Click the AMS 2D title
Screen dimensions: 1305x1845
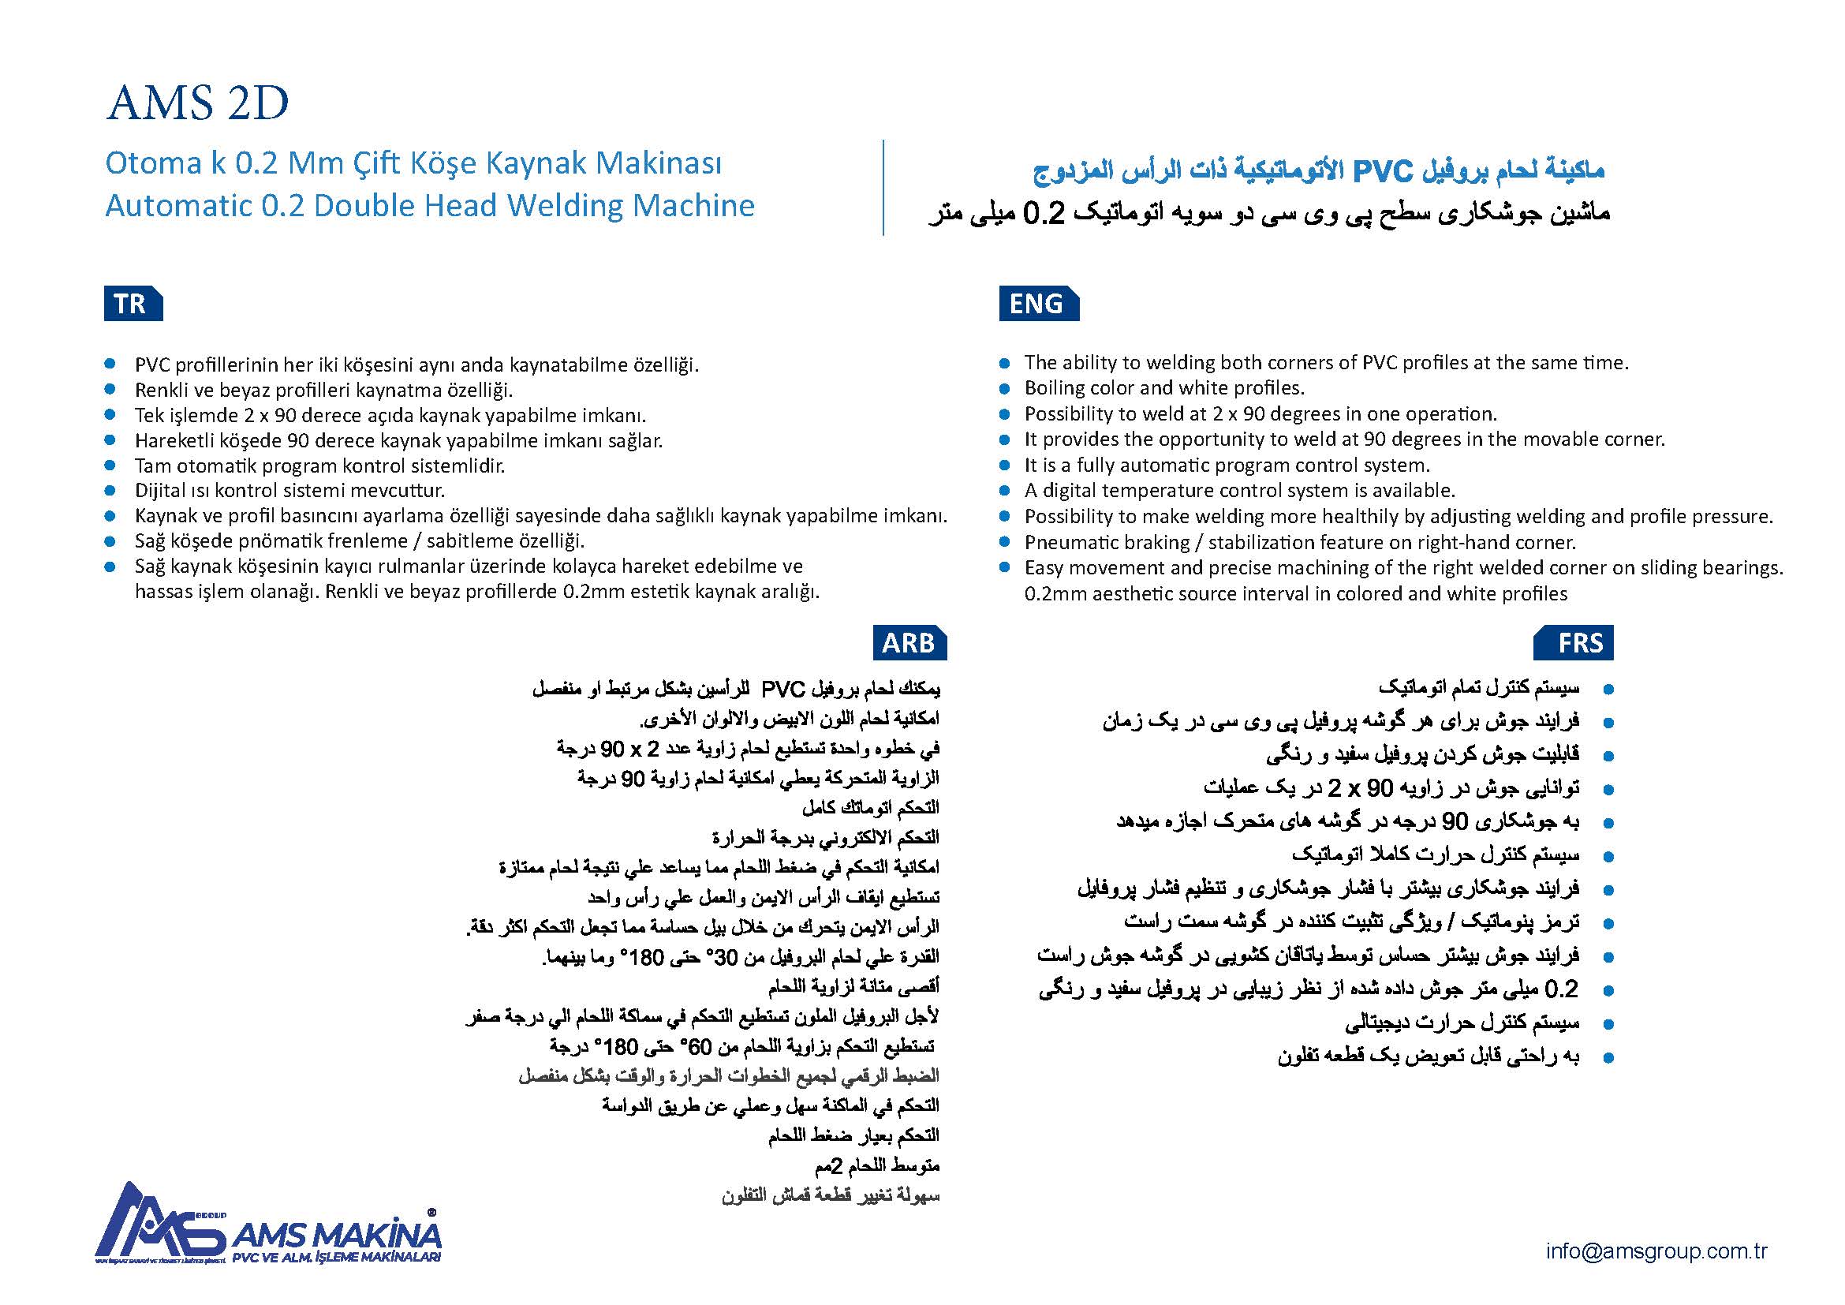click(197, 103)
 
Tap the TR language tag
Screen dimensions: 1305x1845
click(131, 304)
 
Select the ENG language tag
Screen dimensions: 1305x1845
click(1036, 304)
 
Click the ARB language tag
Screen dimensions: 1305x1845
click(909, 643)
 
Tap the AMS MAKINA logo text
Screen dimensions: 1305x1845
click(338, 1235)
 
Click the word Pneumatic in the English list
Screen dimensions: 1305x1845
click(1074, 542)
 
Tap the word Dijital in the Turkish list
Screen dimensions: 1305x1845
click(159, 490)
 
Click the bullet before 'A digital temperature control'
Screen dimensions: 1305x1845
click(1003, 491)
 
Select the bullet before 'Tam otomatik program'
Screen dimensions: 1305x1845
click(110, 466)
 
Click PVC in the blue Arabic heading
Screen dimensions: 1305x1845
click(1382, 171)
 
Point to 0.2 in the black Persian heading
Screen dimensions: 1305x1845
click(1043, 214)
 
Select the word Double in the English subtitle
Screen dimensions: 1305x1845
click(364, 206)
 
